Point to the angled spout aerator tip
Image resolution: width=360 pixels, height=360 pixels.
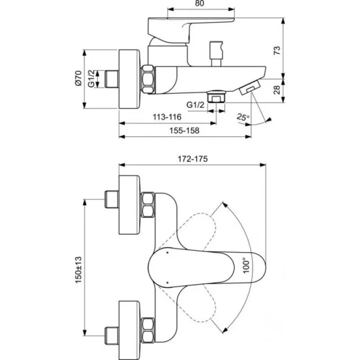click(248, 89)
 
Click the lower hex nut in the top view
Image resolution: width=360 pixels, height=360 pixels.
click(149, 332)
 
